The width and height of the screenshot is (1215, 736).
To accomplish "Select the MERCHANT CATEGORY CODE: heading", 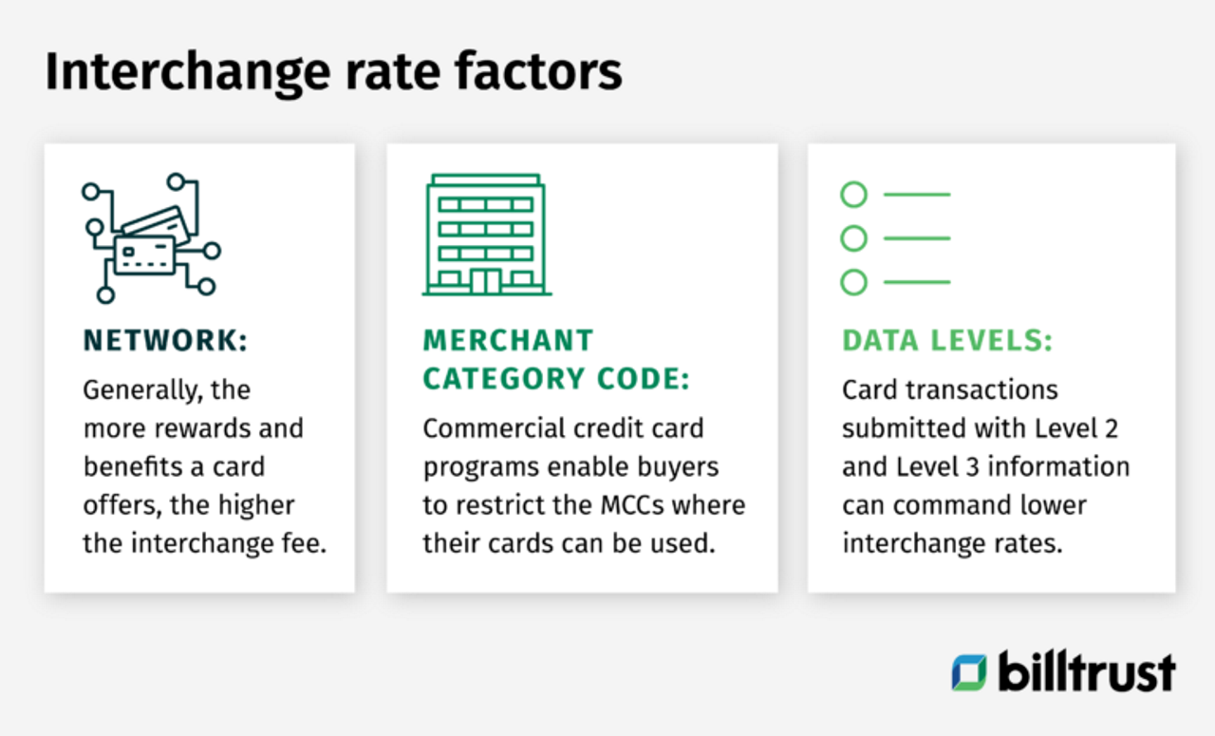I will pyautogui.click(x=556, y=359).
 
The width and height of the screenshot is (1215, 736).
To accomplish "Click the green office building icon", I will pyautogui.click(x=486, y=235).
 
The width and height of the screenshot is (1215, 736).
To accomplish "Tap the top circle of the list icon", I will pyautogui.click(x=854, y=195).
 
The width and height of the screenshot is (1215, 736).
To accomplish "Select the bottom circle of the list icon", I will pyautogui.click(x=854, y=282).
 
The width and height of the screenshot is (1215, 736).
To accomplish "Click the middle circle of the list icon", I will pyautogui.click(x=854, y=238).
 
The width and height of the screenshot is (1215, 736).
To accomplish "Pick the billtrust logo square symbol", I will pyautogui.click(x=969, y=672).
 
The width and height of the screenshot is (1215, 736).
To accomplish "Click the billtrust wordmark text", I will pyautogui.click(x=1087, y=671).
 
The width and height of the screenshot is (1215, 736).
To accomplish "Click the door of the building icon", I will pyautogui.click(x=486, y=280).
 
